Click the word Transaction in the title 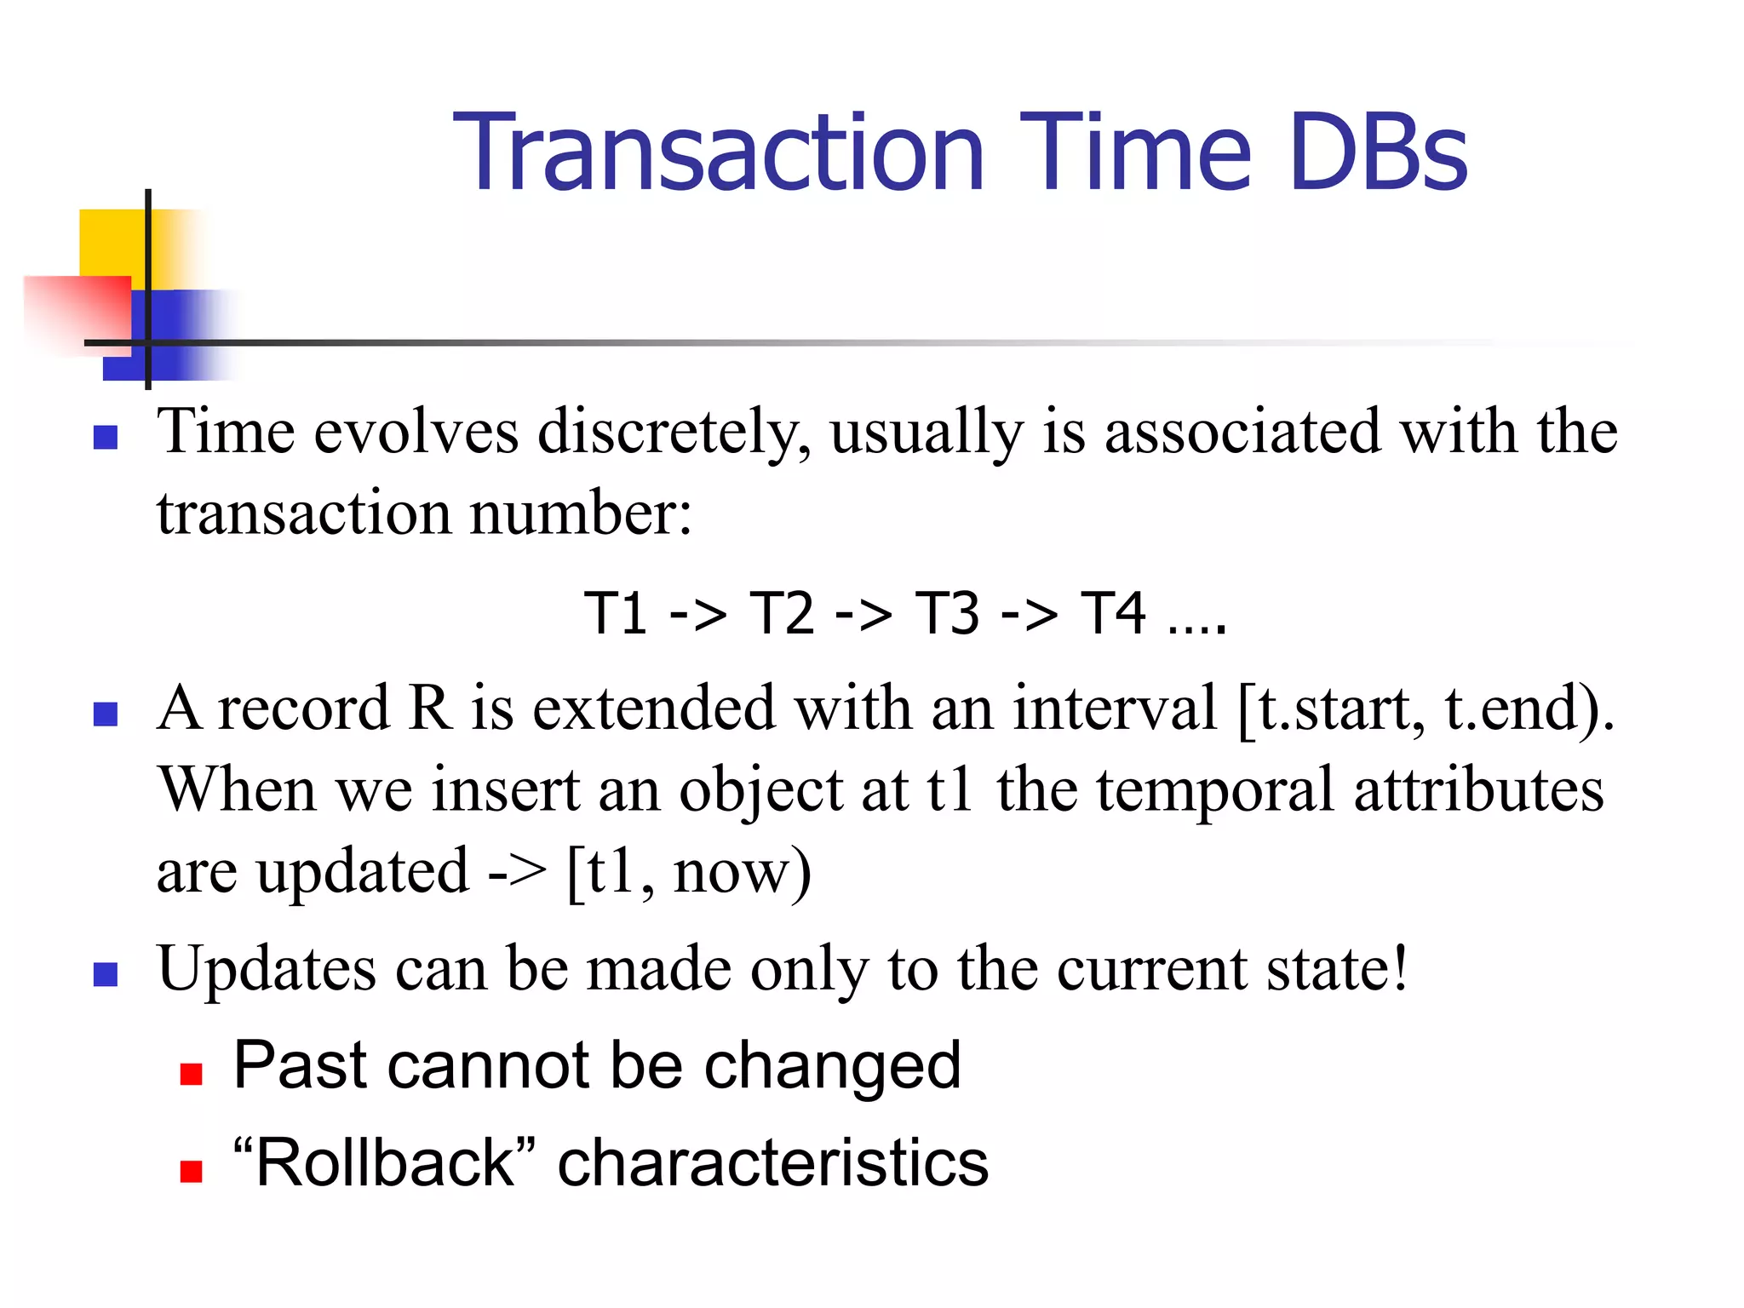click(x=718, y=153)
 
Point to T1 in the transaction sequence click(x=615, y=613)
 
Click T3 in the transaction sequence click(x=946, y=613)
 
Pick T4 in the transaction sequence click(x=1112, y=613)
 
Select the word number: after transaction click(x=581, y=513)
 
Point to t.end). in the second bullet click(x=1529, y=708)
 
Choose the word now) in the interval click(x=741, y=871)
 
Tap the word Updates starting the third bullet click(x=267, y=969)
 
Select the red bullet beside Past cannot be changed click(x=191, y=1074)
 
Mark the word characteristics click(x=772, y=1163)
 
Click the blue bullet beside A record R click(x=105, y=714)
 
